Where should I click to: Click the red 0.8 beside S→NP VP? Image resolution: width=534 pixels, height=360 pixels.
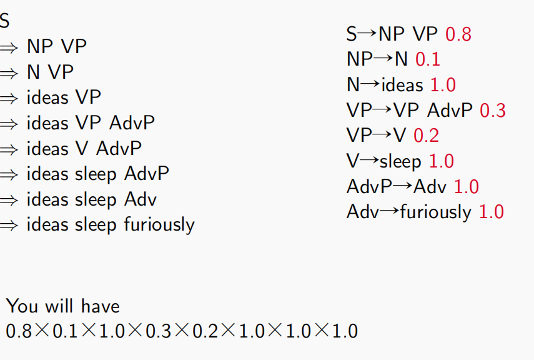click(x=458, y=34)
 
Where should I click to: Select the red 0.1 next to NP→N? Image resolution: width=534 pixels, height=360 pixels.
click(x=428, y=59)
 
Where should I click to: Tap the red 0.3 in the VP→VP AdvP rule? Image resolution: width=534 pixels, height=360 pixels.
click(x=493, y=111)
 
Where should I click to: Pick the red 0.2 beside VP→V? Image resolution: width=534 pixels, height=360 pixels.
click(x=426, y=136)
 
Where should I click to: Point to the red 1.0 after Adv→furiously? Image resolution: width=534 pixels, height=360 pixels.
click(x=492, y=212)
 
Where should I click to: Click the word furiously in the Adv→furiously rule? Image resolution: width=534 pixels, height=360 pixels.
click(x=436, y=212)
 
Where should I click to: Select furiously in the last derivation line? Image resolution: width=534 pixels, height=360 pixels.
click(x=159, y=224)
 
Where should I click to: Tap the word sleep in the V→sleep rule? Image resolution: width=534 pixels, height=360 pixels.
click(x=400, y=161)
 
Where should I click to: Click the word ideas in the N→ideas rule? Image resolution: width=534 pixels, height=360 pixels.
click(x=402, y=84)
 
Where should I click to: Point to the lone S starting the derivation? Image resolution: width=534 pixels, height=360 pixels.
click(x=4, y=21)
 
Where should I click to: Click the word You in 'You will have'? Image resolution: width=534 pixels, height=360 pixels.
click(x=22, y=306)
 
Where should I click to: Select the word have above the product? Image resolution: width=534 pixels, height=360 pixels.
click(x=101, y=306)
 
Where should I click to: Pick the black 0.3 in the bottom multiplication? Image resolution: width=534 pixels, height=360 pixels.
click(x=159, y=331)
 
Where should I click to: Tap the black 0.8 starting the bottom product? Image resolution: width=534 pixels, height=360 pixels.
click(x=19, y=331)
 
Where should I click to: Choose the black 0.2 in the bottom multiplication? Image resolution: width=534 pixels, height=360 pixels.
click(x=205, y=331)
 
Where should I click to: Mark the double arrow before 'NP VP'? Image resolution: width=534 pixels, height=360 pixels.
click(x=9, y=47)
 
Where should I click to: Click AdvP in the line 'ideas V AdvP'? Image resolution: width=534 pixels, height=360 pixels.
click(x=119, y=148)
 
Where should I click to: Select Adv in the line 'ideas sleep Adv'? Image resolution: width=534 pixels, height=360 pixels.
click(x=141, y=199)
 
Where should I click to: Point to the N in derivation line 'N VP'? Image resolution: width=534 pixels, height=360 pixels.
click(x=33, y=72)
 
